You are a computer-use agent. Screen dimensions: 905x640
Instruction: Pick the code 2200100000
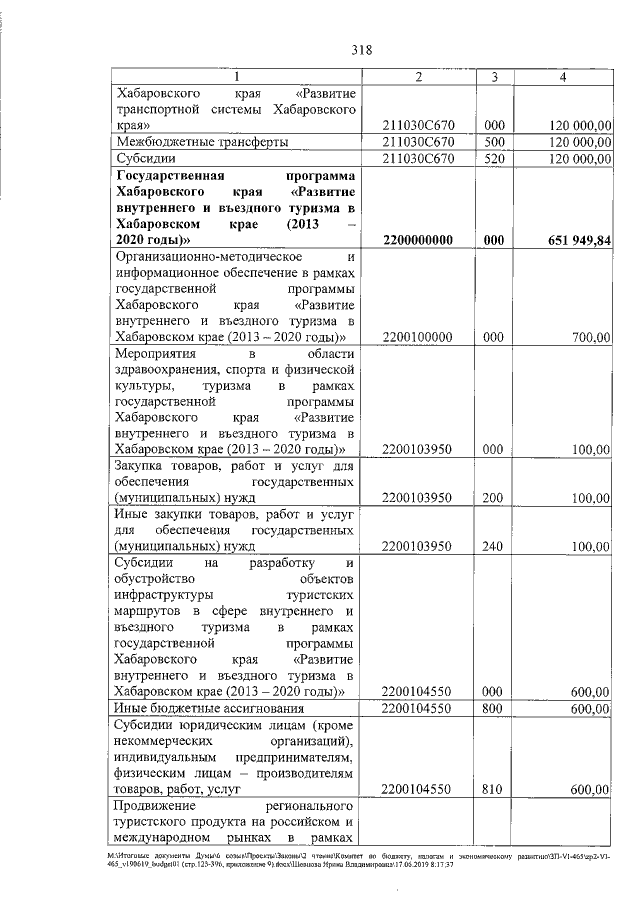[x=418, y=339]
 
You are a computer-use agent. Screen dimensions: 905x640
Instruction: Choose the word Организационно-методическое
[x=188, y=258]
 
